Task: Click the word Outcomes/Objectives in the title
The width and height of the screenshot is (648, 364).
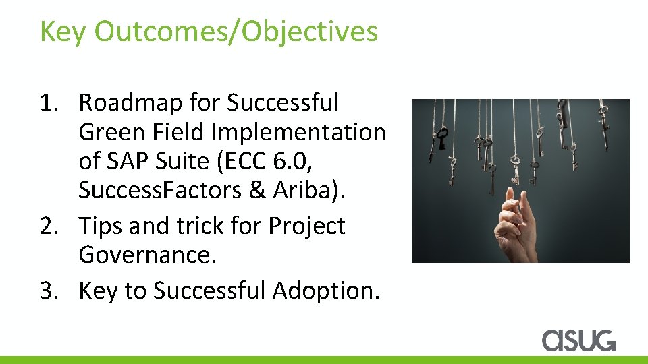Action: pos(236,32)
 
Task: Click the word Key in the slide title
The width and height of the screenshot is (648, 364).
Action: pos(63,32)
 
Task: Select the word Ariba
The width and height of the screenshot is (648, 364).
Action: pos(307,190)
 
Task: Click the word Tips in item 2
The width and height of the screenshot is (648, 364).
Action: pos(100,226)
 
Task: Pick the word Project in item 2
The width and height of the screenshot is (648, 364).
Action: pos(308,226)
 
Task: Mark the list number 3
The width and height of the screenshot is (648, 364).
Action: pos(49,291)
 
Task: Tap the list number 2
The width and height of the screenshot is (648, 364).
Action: pos(49,226)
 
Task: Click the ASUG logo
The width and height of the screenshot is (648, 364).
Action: pos(578,340)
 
